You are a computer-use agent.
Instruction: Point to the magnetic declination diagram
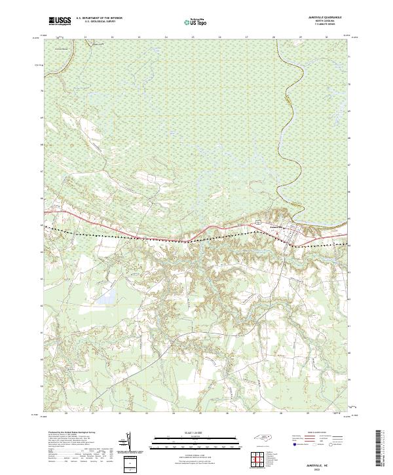(x=128, y=444)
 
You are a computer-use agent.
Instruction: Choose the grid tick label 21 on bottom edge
(x=93, y=413)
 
